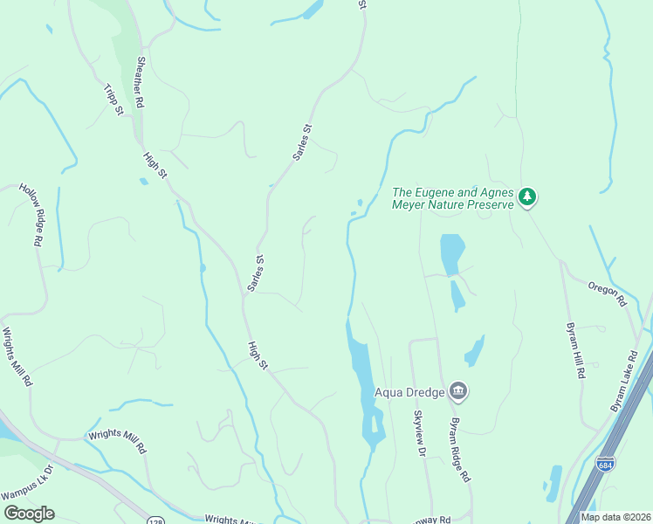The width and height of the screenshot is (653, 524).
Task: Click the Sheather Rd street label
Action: click(x=139, y=82)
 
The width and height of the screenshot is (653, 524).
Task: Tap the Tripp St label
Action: click(x=113, y=103)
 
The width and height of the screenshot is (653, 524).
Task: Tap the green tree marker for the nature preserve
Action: click(x=526, y=197)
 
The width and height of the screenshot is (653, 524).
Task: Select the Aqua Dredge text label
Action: click(x=410, y=392)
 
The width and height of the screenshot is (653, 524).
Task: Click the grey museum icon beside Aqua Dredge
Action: click(x=458, y=391)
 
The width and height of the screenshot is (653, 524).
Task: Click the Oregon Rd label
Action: click(x=608, y=293)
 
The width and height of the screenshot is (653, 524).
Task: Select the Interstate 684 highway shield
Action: click(x=605, y=463)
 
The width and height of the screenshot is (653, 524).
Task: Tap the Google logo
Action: click(x=29, y=514)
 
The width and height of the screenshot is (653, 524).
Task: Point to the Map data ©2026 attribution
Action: click(x=615, y=517)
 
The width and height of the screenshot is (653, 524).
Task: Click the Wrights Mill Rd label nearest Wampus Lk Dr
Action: click(x=115, y=442)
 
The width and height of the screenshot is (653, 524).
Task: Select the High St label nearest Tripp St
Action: click(x=155, y=165)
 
